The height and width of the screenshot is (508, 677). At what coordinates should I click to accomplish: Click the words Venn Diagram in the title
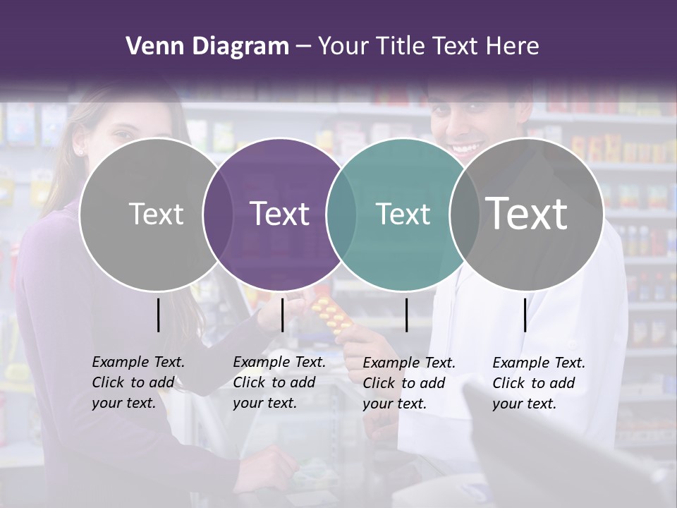tap(207, 47)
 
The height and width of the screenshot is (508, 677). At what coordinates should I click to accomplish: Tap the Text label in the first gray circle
tap(156, 214)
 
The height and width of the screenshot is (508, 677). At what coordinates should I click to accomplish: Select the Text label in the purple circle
tap(279, 214)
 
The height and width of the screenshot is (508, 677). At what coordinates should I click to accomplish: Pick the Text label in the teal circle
tap(403, 214)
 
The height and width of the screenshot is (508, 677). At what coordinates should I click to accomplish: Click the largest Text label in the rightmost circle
tap(526, 213)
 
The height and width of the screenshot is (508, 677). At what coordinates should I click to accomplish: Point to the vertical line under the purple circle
tap(282, 315)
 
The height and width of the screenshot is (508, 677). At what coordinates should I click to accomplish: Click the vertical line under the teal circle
tap(406, 315)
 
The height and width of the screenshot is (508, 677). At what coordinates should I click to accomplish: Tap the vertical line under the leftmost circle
tap(158, 315)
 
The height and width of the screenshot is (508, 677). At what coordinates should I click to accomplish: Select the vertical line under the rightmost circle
tap(525, 315)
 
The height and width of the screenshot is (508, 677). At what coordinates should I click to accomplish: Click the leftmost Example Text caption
tap(138, 382)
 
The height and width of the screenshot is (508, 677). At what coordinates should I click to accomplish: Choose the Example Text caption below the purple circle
tap(279, 382)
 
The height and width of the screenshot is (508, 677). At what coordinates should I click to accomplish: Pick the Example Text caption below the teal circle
tap(409, 383)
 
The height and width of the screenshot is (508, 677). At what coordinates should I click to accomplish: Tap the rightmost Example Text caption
tap(539, 383)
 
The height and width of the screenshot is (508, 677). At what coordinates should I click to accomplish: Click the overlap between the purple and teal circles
tap(341, 214)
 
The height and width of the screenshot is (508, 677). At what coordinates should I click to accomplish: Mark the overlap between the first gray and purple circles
tap(217, 214)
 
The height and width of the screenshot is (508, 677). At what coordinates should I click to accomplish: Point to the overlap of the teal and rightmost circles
tap(464, 214)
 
